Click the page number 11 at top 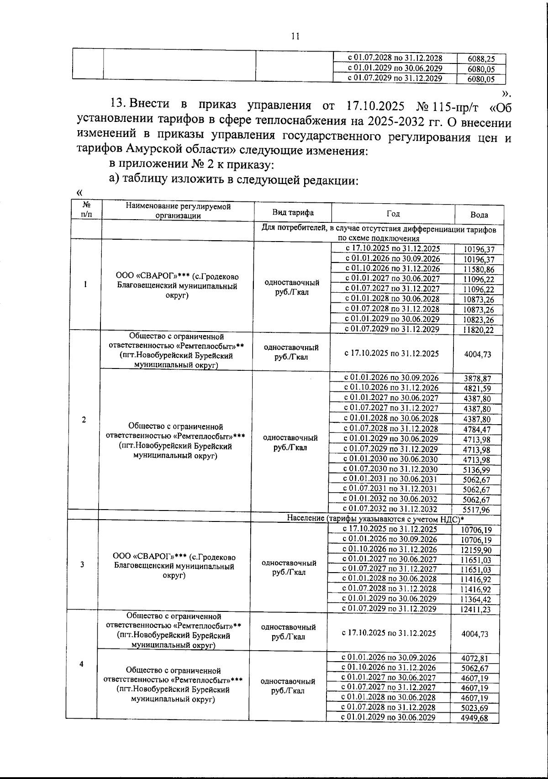pos(295,37)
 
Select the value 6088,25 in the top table pos(481,59)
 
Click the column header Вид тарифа pos(293,213)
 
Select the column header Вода pos(479,215)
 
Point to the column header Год pos(393,213)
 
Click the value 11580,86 pos(479,269)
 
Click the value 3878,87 pos(477,379)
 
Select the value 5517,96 pos(476,510)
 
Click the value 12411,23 pos(476,610)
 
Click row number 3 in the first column pos(82,564)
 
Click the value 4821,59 pos(477,389)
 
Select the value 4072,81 pos(475,658)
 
